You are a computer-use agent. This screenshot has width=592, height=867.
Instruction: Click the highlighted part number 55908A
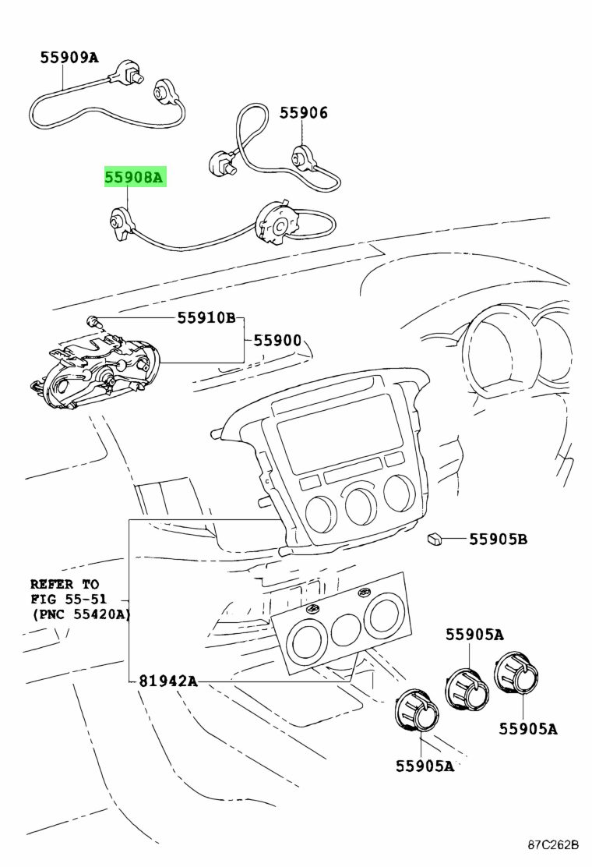point(135,178)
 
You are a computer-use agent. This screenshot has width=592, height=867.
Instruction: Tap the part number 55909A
point(69,57)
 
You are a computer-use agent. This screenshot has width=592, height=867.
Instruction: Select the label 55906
point(304,113)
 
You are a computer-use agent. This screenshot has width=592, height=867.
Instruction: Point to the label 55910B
point(206,318)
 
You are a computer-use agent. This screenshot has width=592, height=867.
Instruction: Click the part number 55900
point(277,341)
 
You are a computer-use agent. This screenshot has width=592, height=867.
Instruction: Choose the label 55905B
point(498,539)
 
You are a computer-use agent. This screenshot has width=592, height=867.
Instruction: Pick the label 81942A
point(168,681)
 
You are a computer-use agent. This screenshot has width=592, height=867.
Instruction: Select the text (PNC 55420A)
point(81,614)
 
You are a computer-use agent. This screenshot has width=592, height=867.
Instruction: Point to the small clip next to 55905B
point(435,537)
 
